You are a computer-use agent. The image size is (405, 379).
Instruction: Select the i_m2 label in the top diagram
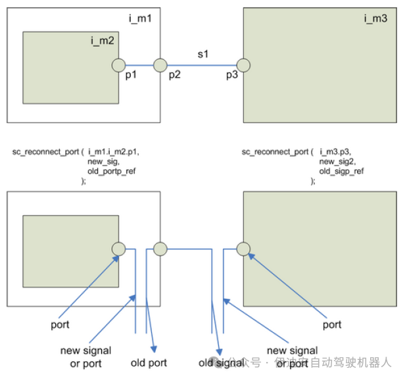(103, 41)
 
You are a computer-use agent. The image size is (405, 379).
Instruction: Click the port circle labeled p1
(118, 65)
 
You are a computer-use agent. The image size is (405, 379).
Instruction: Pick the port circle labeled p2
(160, 65)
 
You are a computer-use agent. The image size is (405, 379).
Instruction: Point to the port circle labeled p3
(243, 65)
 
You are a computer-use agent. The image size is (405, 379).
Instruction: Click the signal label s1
(203, 54)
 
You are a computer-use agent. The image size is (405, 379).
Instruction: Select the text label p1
(131, 76)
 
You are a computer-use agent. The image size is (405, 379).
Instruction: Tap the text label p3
(232, 76)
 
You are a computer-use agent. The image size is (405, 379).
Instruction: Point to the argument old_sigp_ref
(342, 170)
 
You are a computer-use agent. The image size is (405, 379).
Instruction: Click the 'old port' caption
(149, 363)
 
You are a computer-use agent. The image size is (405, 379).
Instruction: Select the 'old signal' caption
(221, 363)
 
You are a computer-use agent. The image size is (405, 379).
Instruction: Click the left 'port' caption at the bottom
(60, 324)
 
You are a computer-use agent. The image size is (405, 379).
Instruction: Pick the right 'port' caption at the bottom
(332, 324)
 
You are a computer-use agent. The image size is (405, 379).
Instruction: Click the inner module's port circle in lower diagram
(118, 249)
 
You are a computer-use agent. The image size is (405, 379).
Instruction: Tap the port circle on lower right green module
(243, 249)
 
